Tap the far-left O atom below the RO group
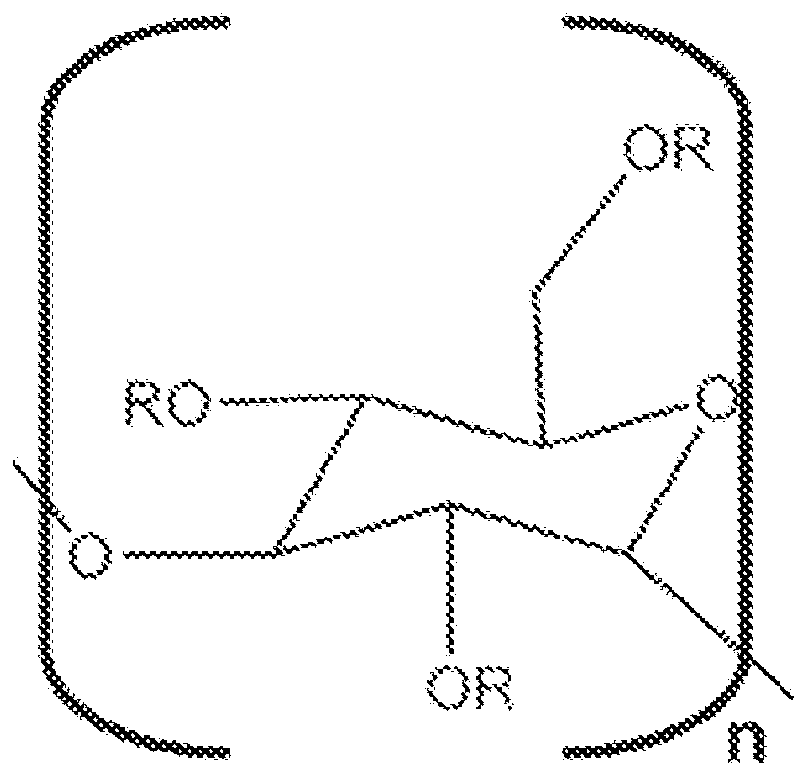click(89, 556)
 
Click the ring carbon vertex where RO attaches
click(368, 400)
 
